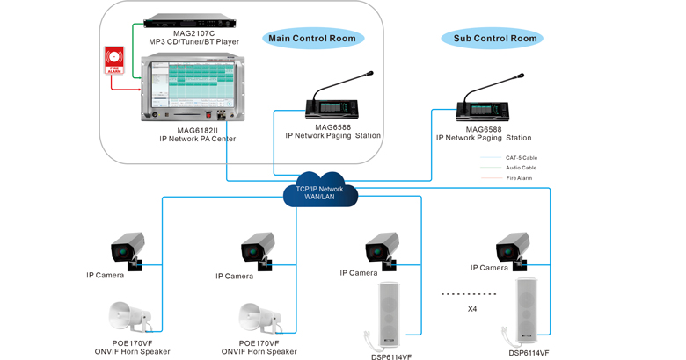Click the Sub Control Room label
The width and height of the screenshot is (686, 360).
click(494, 38)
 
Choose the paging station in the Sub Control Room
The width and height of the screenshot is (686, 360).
click(484, 104)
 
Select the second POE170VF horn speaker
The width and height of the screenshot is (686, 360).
click(258, 319)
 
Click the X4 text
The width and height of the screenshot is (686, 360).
click(472, 308)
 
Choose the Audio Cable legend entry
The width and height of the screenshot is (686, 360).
click(521, 168)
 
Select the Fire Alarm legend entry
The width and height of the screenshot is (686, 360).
click(519, 178)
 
